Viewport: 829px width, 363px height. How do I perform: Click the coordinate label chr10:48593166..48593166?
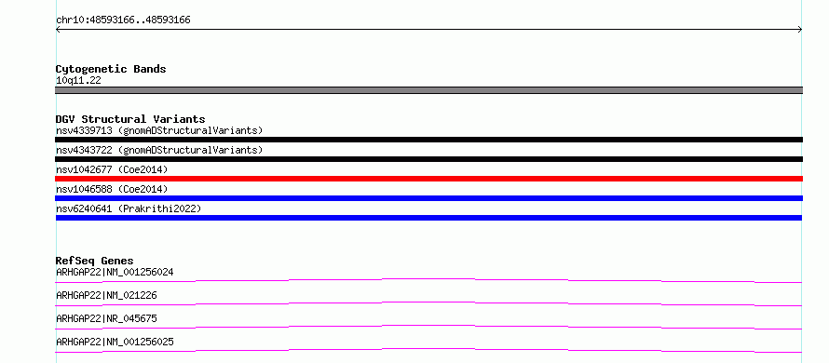pos(123,20)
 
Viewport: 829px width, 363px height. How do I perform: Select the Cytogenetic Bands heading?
pos(111,69)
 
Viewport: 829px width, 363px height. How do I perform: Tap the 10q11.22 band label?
pos(78,81)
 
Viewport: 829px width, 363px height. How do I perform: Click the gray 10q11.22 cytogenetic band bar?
pos(428,90)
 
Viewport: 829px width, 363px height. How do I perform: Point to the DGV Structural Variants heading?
pos(130,119)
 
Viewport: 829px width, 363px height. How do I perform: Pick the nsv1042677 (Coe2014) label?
pos(112,169)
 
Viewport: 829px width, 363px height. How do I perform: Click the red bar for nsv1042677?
pos(428,179)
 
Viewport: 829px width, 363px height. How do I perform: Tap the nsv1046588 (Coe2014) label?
pos(112,189)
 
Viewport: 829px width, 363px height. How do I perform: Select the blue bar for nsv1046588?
pos(428,198)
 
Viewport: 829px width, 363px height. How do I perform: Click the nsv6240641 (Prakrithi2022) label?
pos(129,208)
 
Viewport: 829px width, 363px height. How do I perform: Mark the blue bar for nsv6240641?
pos(428,218)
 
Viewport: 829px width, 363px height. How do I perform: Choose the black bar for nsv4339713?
pos(428,140)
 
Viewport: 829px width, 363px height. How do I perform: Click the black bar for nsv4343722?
pos(428,159)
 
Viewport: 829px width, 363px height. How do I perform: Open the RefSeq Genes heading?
pos(95,261)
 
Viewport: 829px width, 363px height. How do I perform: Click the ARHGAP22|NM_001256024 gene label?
pos(115,272)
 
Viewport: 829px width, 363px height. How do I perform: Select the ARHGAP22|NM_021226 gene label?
pos(106,295)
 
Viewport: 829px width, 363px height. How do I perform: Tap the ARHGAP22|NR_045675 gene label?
pos(106,318)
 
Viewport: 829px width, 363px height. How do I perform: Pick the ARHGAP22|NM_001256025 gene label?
pos(115,342)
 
